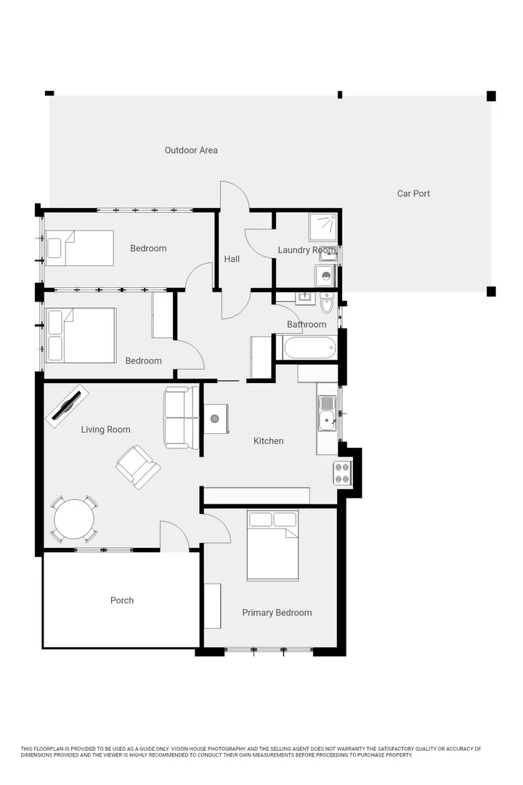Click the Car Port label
pos(413,193)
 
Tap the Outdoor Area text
pos(191,150)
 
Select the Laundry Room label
pos(307,250)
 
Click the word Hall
pos(232,259)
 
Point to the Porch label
pos(122,600)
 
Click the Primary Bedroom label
pos(277,613)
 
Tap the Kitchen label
pos(268,441)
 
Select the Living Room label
pos(105,430)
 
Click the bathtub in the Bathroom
pos(310,347)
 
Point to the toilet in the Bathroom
pos(327,303)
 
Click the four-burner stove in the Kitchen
pos(342,472)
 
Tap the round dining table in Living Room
pos(74,519)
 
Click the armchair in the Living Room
pos(137,467)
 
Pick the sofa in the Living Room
pos(181,417)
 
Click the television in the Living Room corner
pos(68,406)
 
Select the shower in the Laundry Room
pos(323,226)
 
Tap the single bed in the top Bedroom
pos(79,248)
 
